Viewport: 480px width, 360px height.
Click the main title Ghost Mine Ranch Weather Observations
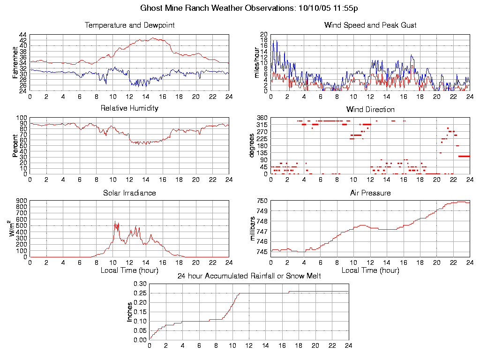249,8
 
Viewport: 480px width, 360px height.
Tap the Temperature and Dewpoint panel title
129,25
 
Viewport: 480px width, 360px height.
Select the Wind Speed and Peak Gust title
370,25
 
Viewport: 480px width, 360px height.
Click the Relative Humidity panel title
129,108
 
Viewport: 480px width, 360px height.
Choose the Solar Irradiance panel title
129,193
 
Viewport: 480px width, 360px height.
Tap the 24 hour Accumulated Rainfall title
249,276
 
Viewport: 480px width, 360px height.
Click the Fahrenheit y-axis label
16,62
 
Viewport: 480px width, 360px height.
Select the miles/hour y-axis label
257,62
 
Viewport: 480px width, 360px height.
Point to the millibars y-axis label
253,229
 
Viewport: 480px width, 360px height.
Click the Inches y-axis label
130,312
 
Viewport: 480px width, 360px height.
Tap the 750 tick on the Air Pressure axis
262,201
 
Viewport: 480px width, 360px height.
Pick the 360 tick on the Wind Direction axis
262,118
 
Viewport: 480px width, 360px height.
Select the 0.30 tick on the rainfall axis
140,284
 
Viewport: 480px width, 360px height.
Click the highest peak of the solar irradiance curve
115,221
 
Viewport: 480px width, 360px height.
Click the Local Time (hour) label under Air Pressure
370,270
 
